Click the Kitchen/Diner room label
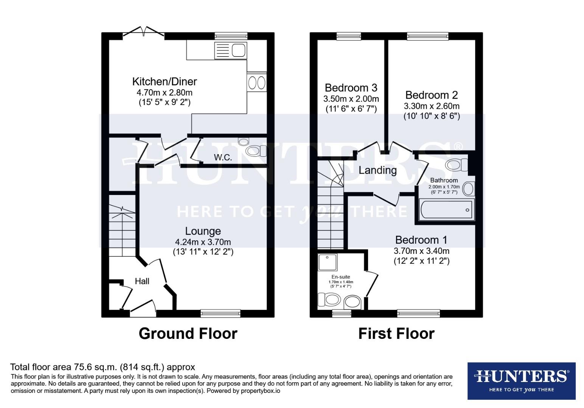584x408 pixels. (x=165, y=81)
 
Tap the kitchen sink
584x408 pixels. (x=230, y=50)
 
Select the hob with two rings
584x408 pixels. (x=257, y=82)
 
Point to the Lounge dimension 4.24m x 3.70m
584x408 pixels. (x=203, y=242)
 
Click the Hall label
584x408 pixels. (x=142, y=281)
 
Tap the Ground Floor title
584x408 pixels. (x=188, y=334)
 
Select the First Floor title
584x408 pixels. (x=396, y=334)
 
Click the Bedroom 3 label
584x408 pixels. (x=351, y=88)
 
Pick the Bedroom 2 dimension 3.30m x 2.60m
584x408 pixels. (x=432, y=106)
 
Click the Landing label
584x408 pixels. (x=377, y=170)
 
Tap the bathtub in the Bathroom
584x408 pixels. (x=446, y=210)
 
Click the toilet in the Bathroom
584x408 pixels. (x=457, y=165)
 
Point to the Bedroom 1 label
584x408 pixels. (x=421, y=240)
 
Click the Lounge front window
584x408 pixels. (x=221, y=312)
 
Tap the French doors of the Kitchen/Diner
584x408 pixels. (x=143, y=33)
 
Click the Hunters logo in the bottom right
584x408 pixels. (x=521, y=380)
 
